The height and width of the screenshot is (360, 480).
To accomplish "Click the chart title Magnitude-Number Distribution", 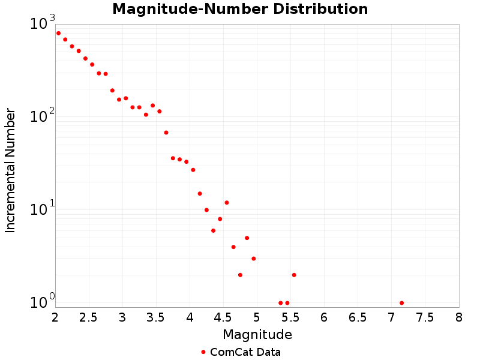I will (240, 10).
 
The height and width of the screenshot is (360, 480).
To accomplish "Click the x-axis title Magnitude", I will (257, 334).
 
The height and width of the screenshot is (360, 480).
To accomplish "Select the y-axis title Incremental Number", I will (10, 170).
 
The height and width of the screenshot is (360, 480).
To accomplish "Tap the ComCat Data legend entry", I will (241, 352).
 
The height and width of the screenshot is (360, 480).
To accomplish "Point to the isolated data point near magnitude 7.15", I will (401, 303).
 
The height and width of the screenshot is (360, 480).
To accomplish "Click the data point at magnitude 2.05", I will (58, 33).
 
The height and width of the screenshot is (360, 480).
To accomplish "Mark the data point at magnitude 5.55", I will (294, 275).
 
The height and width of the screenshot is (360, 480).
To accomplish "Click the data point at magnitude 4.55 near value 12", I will (227, 202).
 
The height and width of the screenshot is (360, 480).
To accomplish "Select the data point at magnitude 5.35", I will (281, 303).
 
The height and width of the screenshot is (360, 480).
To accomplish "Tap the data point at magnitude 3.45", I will (152, 105).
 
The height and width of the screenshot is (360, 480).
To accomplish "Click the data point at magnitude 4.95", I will (254, 259).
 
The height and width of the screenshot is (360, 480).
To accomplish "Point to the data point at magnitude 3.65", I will (166, 133).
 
